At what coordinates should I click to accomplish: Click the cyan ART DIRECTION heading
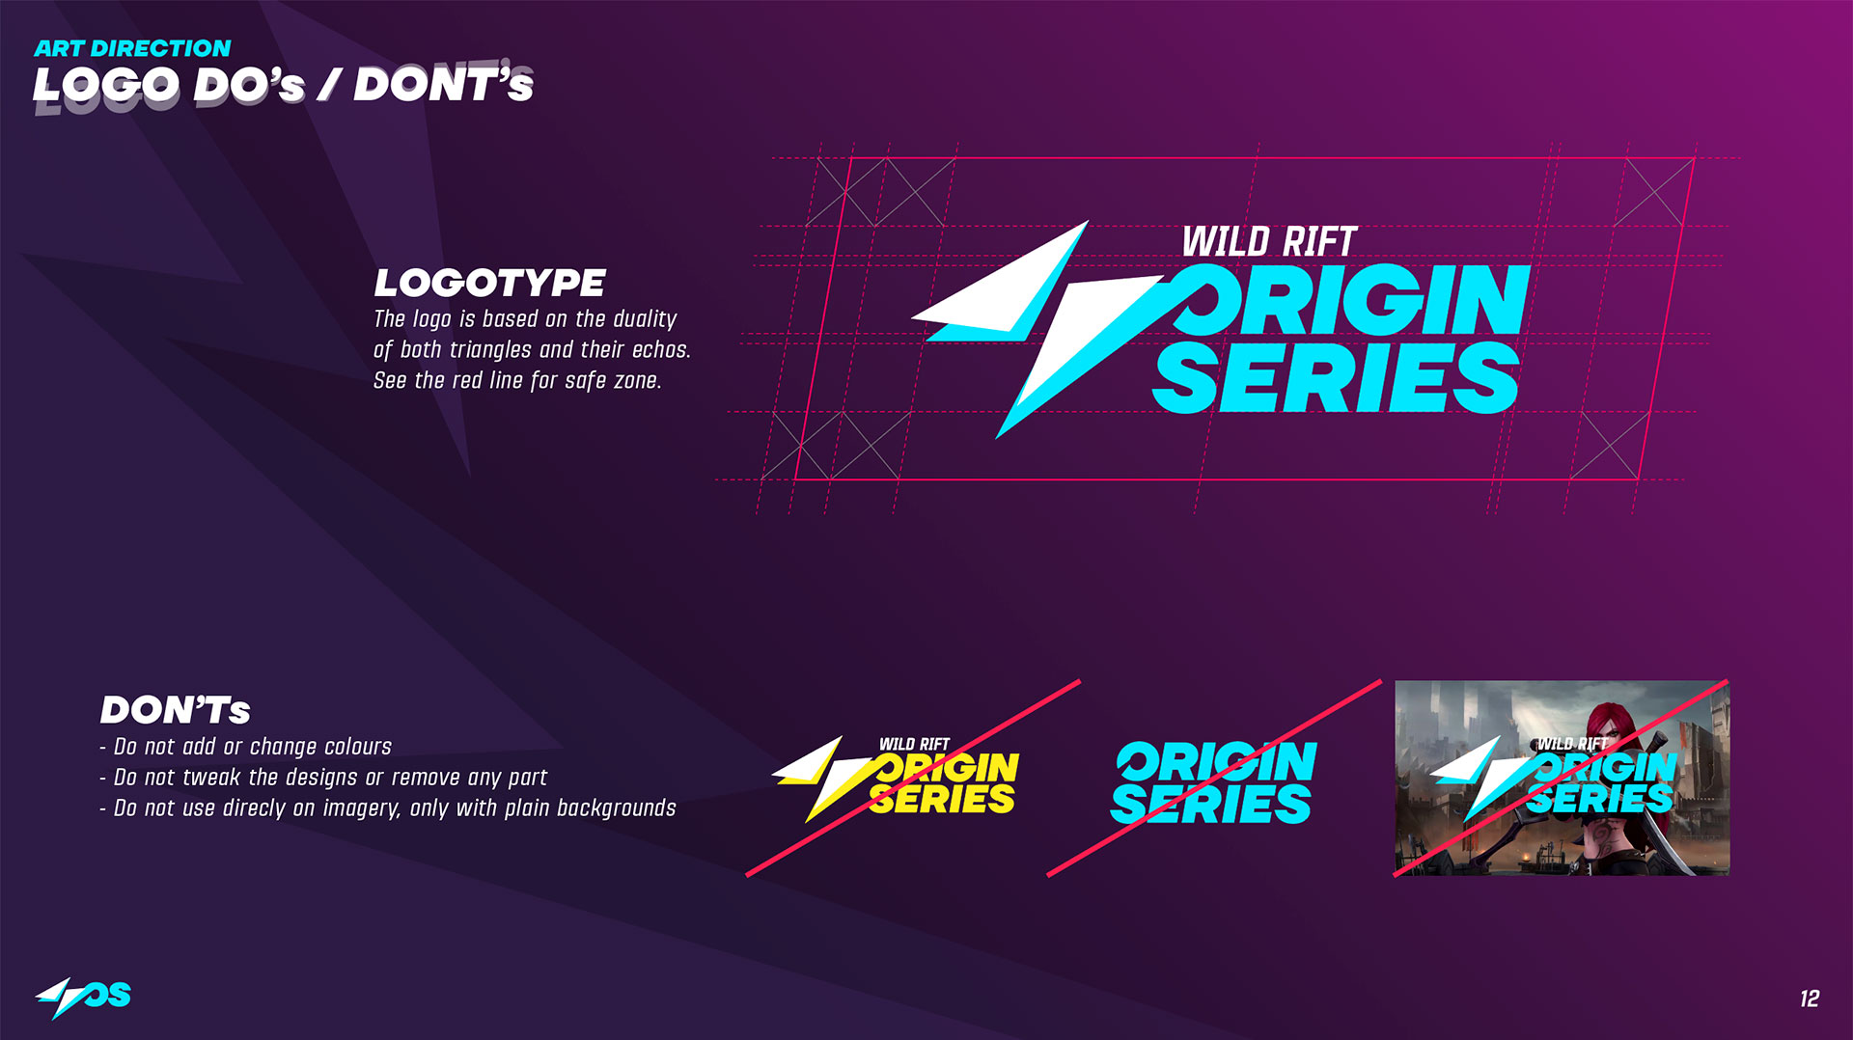[132, 48]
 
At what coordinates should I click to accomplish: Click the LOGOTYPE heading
[489, 283]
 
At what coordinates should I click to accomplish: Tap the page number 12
[1810, 999]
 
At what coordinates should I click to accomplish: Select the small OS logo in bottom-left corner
[83, 997]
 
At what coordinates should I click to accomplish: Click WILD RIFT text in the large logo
[1269, 241]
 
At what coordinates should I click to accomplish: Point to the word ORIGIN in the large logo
[1351, 300]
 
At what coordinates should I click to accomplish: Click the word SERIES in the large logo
[1336, 377]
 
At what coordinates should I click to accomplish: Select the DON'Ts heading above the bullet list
[175, 710]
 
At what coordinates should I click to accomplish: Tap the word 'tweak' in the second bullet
[211, 778]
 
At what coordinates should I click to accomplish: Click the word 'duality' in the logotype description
[645, 319]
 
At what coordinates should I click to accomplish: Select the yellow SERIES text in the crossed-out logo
[942, 799]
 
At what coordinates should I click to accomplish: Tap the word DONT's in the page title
[443, 84]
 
